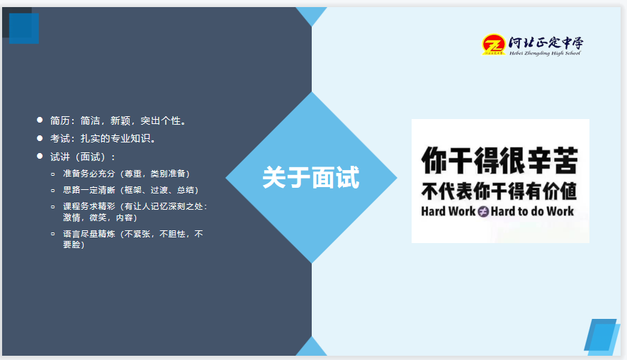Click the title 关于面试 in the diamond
point(311,177)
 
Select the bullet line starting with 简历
point(118,120)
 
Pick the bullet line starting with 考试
point(103,138)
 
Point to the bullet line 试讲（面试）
point(83,157)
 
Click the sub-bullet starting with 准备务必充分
point(126,173)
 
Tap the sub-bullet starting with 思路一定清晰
point(130,190)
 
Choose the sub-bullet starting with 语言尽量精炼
point(132,239)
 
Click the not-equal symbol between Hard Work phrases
point(483,211)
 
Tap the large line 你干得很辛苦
point(499,161)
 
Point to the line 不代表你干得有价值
point(499,191)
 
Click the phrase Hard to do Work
point(532,211)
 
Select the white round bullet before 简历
point(40,120)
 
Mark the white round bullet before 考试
point(40,137)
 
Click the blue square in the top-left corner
point(24,28)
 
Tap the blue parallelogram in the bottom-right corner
point(602,335)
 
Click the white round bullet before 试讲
point(40,156)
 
